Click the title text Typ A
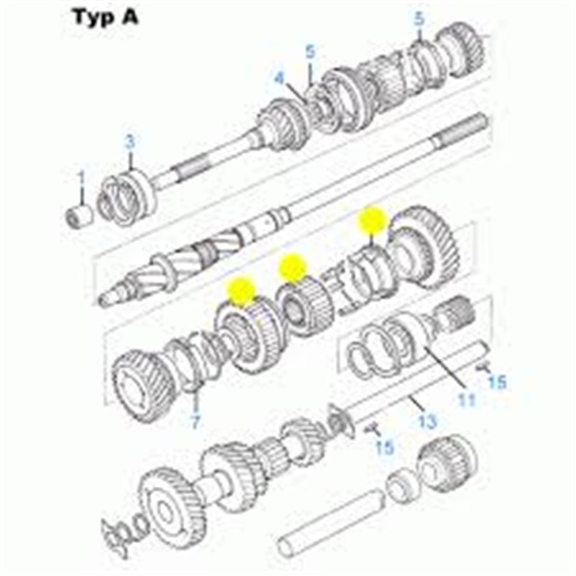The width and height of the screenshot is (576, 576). pos(105,17)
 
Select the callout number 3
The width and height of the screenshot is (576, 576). pos(130,142)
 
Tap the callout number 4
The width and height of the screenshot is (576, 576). pos(279,77)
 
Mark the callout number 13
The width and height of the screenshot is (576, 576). pos(427,421)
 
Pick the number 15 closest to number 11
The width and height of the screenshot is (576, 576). pos(497,381)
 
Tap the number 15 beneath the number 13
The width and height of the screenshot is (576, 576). pos(385,446)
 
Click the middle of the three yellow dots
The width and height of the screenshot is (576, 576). pos(293,267)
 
